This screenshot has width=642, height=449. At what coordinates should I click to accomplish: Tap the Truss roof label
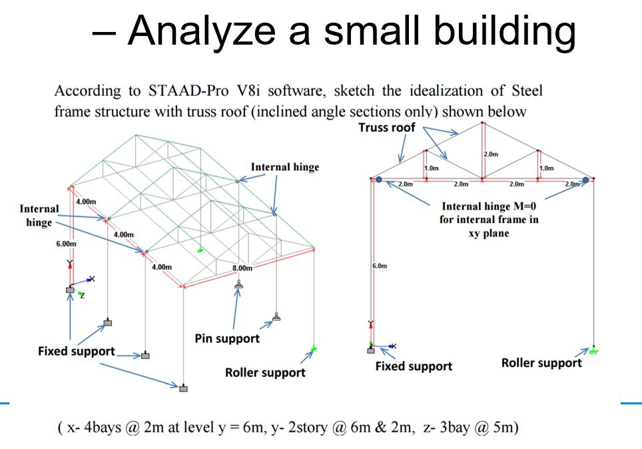click(387, 127)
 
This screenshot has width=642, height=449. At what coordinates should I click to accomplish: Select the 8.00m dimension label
click(242, 268)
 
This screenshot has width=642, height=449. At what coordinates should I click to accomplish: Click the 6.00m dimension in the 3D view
click(66, 244)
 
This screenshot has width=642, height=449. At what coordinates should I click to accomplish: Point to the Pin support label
click(227, 338)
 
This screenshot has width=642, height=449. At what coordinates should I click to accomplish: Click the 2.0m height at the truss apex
click(490, 155)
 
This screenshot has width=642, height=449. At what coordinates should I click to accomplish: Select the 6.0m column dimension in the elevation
click(379, 266)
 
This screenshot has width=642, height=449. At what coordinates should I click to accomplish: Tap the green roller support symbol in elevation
click(593, 350)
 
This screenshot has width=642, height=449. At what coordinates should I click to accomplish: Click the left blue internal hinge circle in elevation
click(378, 179)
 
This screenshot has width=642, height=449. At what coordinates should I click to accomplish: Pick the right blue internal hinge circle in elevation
click(585, 179)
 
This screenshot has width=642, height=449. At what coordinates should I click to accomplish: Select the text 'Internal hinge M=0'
click(489, 207)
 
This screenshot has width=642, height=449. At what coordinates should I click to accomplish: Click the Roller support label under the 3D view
click(265, 372)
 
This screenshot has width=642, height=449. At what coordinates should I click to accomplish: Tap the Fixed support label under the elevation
click(414, 366)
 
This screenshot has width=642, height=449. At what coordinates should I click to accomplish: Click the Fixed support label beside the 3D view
click(76, 351)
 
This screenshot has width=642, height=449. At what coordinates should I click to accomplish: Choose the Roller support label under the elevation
click(541, 363)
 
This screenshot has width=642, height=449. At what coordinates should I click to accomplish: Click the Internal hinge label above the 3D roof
click(285, 167)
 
